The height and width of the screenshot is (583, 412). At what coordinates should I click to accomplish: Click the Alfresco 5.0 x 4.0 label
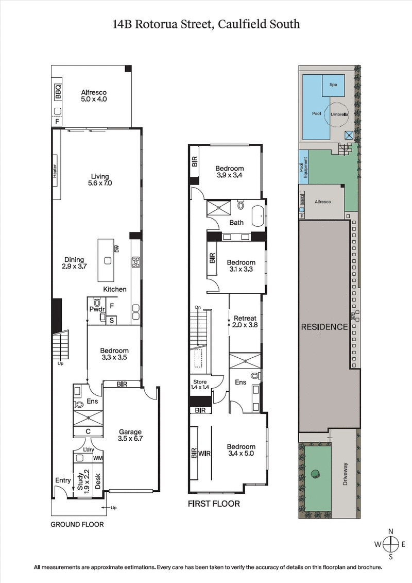94,96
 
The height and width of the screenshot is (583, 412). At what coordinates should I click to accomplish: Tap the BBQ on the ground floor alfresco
58,92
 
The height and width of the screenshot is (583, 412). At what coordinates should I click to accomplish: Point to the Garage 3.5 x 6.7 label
130,436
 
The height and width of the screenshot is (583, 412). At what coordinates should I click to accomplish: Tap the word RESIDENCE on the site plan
324,327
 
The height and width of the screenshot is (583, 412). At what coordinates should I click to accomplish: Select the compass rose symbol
391,543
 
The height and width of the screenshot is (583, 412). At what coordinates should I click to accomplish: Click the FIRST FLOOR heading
214,504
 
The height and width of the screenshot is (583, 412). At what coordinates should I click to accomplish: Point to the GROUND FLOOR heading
77,524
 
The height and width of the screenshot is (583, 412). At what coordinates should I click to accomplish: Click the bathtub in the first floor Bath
258,216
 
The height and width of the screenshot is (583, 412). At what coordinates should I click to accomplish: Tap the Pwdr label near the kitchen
97,309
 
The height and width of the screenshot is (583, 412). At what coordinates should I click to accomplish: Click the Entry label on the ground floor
63,480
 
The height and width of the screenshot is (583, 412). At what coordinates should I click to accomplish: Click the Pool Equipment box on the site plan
303,168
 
